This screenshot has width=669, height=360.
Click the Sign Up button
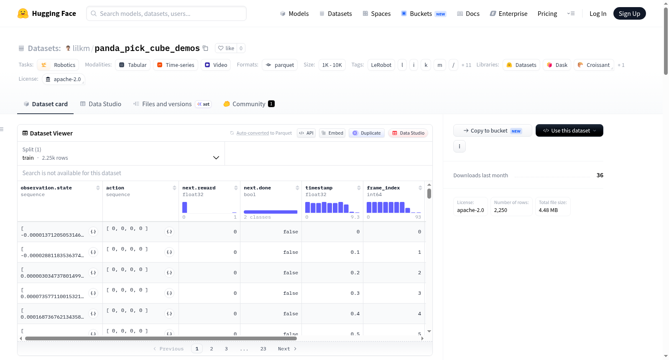(629, 13)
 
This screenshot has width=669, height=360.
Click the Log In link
(598, 13)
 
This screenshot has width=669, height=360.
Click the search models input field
(166, 13)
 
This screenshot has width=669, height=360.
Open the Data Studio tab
(101, 104)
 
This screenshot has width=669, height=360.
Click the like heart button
(226, 48)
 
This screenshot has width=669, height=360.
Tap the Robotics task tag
(58, 65)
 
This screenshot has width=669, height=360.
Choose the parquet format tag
(280, 65)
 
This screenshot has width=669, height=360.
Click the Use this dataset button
(569, 130)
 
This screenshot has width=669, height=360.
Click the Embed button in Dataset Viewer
(332, 133)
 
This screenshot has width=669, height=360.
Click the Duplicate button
(366, 133)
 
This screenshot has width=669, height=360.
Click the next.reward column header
(199, 188)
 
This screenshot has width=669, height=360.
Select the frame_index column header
(383, 188)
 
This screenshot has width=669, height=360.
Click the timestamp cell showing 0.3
(355, 293)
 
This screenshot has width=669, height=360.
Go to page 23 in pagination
(263, 349)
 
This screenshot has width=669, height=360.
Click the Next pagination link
(287, 349)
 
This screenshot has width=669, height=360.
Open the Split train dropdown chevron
(216, 158)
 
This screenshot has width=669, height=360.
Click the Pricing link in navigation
(547, 13)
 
